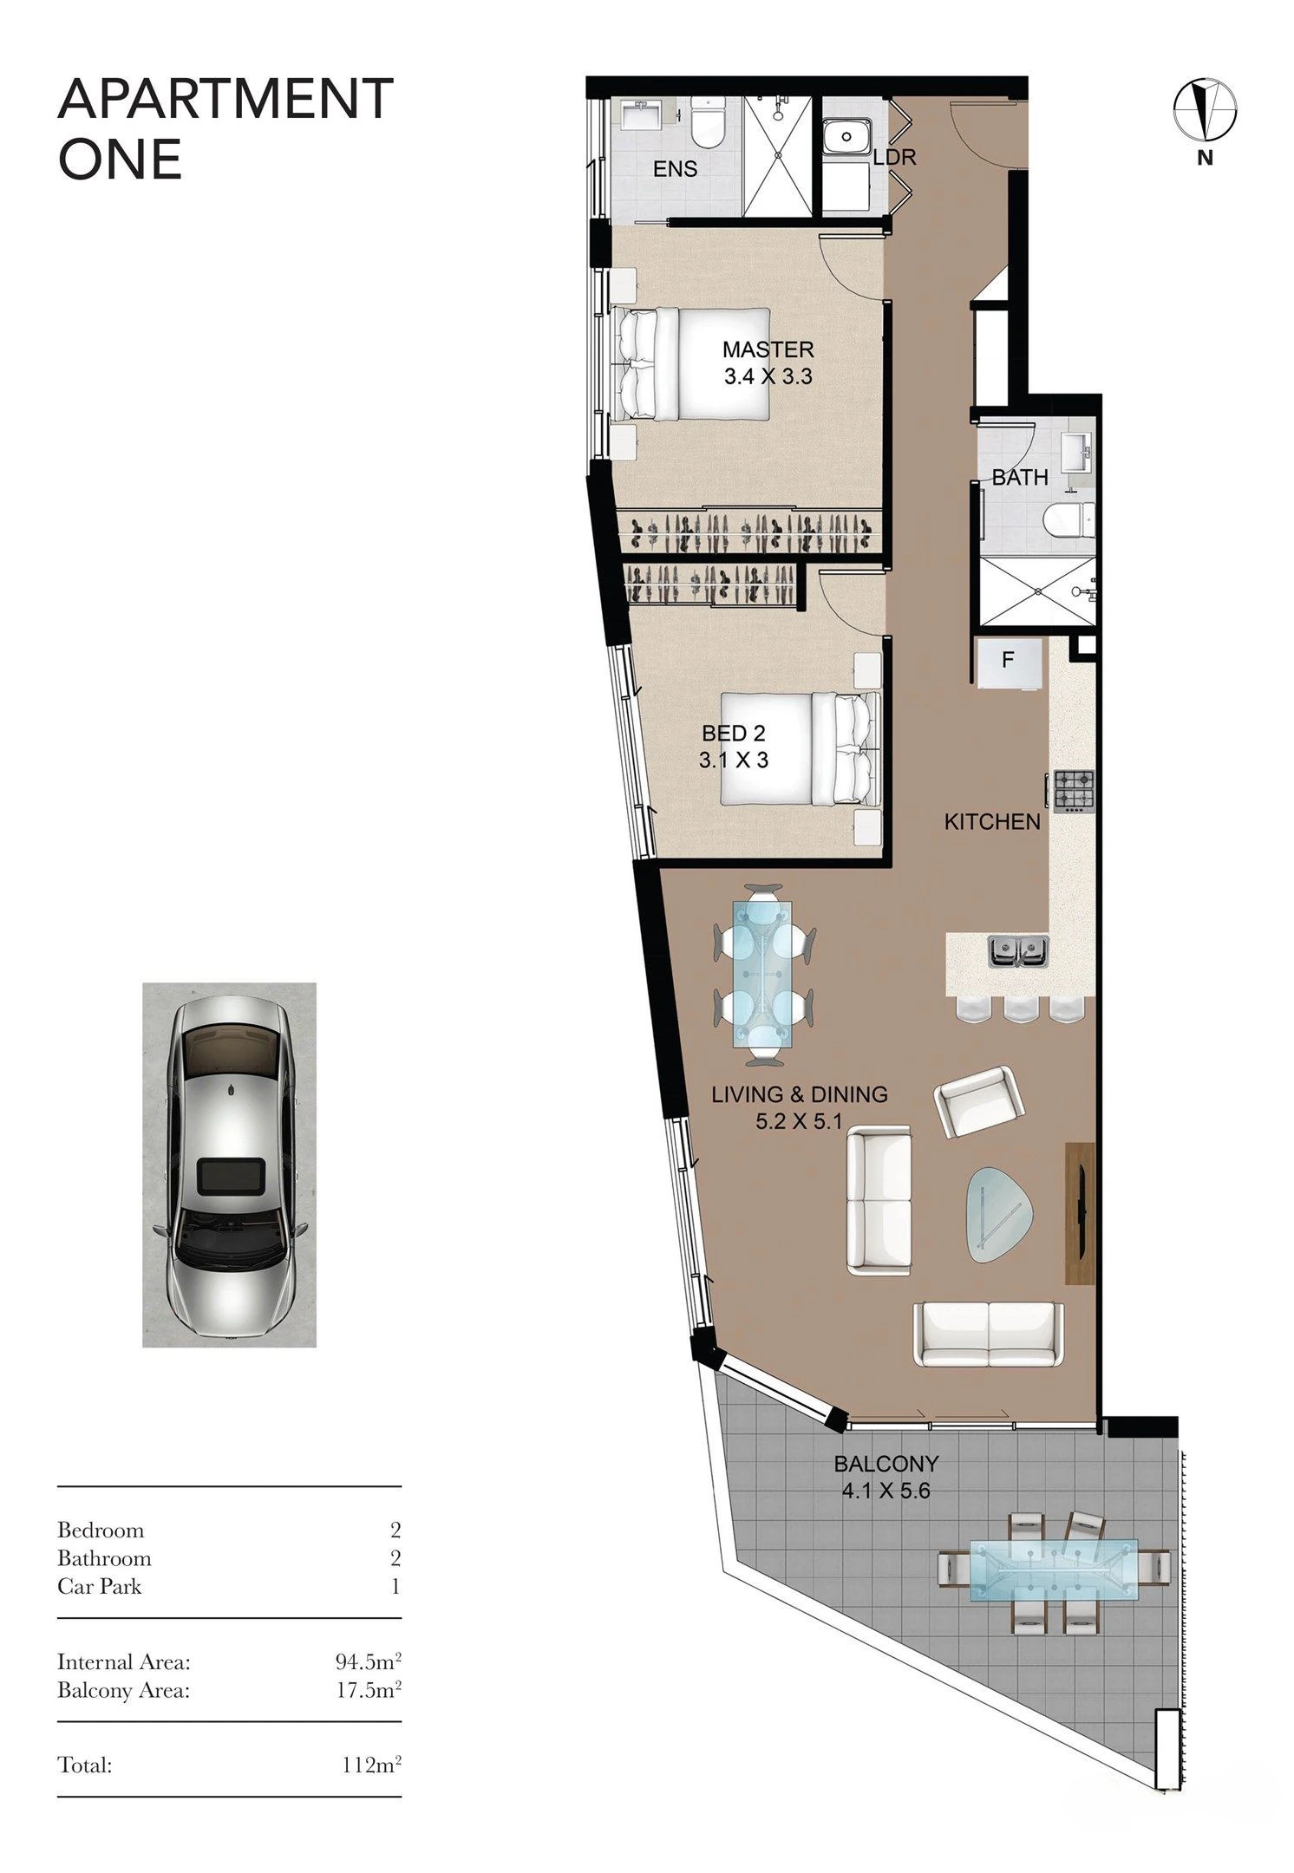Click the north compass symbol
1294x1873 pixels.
1205,109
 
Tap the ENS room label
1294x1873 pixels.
675,169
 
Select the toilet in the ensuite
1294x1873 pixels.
708,124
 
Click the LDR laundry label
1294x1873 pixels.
894,158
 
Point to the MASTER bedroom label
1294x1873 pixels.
768,349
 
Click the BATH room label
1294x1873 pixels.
1020,477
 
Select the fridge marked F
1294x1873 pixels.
1009,664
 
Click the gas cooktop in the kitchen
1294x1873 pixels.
1073,792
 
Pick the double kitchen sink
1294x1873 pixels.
1018,951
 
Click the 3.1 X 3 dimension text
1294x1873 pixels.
733,760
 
